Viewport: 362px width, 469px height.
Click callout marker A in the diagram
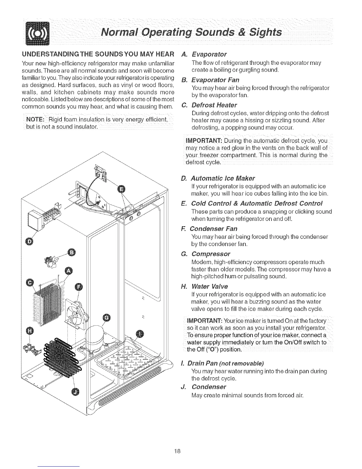pos(69,271)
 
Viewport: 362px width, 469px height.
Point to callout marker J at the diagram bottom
pos(76,392)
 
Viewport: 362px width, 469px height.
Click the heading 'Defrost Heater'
pos(214,105)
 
